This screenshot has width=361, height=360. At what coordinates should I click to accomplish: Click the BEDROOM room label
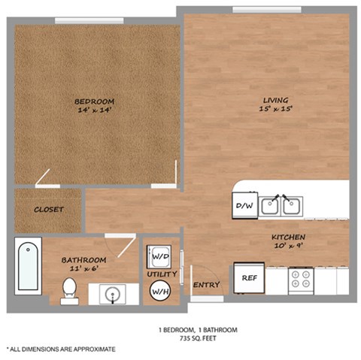pos(94,101)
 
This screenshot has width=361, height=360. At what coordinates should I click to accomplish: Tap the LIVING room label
pos(275,100)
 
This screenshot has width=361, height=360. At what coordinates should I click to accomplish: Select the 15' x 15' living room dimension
pos(276,109)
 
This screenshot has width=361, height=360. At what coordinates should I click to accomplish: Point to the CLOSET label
pos(48,210)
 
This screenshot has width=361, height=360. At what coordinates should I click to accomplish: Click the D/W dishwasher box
pos(245,205)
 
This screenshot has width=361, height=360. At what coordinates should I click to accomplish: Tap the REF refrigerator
pos(249,277)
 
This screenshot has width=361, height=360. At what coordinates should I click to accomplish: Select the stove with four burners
pos(301,280)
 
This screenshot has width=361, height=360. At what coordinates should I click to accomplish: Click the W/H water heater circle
pos(160,291)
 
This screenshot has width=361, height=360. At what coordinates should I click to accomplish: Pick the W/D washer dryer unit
pos(159,257)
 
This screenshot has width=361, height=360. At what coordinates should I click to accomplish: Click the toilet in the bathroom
pos(69,292)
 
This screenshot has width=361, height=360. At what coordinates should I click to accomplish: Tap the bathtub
pos(28,266)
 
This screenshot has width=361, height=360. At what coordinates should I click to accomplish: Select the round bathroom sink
pos(113,294)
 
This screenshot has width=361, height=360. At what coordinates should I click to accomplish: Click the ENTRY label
pos(206,285)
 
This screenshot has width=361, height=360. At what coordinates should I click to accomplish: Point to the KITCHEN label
pos(288,237)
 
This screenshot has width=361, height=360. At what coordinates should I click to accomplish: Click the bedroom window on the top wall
pos(89,21)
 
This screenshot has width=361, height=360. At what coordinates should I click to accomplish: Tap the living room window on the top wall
pos(267,10)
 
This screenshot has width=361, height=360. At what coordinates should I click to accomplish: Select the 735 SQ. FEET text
pos(198,338)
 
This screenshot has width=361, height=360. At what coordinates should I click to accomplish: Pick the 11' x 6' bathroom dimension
pos(83,268)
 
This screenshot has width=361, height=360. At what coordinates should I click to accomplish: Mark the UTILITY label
pos(162,274)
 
